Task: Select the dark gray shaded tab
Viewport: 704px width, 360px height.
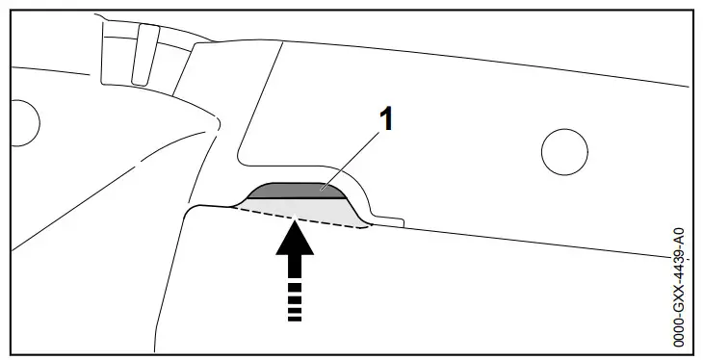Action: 294,192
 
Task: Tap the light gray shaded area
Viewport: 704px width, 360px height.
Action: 308,211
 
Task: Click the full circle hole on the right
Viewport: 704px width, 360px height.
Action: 564,150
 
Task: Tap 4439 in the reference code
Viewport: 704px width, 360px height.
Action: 679,264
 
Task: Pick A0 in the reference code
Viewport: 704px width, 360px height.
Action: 679,236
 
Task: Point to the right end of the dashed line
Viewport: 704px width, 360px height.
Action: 365,227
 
